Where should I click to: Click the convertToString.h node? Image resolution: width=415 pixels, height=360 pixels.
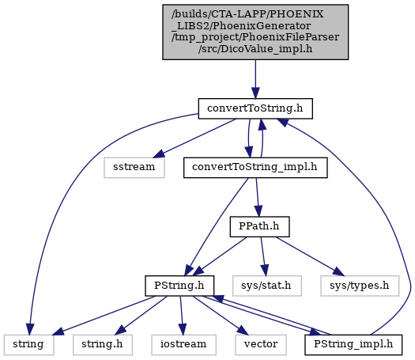pyautogui.click(x=255, y=108)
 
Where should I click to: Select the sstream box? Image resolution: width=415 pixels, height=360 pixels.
pyautogui.click(x=134, y=168)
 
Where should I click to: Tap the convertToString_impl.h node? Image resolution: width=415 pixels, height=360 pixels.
pyautogui.click(x=255, y=168)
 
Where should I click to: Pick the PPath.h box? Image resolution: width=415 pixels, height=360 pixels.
pyautogui.click(x=259, y=227)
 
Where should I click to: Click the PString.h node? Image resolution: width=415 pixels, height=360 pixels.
pyautogui.click(x=179, y=286)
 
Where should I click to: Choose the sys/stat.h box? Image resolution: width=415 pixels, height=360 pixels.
pyautogui.click(x=267, y=286)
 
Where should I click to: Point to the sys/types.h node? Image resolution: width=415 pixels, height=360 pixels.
pyautogui.click(x=360, y=286)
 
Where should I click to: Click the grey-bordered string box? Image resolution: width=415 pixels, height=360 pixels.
pyautogui.click(x=28, y=345)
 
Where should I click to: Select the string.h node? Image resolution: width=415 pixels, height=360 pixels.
pyautogui.click(x=103, y=345)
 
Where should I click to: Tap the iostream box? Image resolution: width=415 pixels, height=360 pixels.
pyautogui.click(x=183, y=345)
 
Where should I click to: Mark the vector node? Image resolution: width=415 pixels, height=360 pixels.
pyautogui.click(x=261, y=345)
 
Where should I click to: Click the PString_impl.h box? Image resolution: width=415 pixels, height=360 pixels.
pyautogui.click(x=353, y=345)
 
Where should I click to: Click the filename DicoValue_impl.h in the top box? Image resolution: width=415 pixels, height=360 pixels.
pyautogui.click(x=255, y=49)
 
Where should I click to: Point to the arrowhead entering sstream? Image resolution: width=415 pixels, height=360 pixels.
pyautogui.click(x=158, y=154)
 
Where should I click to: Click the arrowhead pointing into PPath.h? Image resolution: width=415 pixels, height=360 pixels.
pyautogui.click(x=258, y=211)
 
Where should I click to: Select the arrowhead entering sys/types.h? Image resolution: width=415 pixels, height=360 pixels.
pyautogui.click(x=338, y=271)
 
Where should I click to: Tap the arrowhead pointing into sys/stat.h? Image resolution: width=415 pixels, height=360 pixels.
pyautogui.click(x=265, y=271)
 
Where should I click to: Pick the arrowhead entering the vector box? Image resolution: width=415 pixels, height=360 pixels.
pyautogui.click(x=243, y=331)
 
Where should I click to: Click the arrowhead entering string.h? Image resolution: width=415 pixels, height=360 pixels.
pyautogui.click(x=120, y=331)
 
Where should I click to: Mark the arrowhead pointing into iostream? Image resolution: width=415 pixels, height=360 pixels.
pyautogui.click(x=183, y=329)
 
